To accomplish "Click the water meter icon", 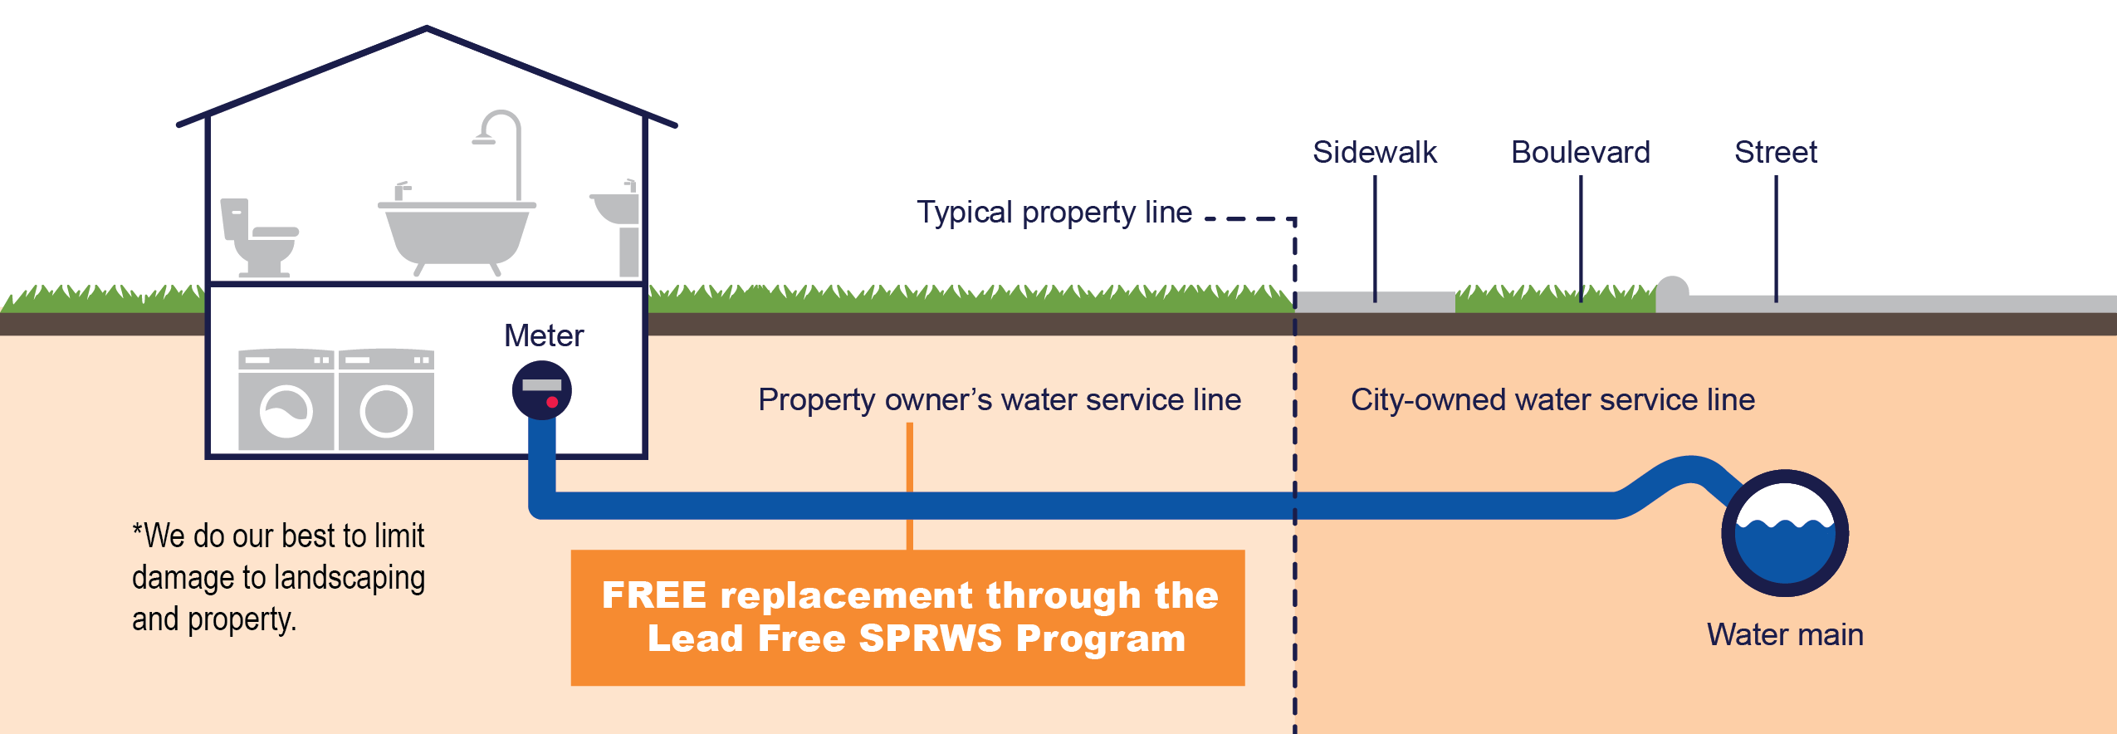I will coord(541,389).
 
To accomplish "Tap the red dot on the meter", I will coord(552,402).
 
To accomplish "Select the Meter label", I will coord(544,335).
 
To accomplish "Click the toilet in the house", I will coord(257,237).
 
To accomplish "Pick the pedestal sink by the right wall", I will coord(619,224).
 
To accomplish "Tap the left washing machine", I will coord(286,400).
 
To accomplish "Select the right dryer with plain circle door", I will coord(386,400).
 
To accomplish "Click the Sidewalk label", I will coord(1374,153).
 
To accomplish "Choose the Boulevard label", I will coord(1580,153).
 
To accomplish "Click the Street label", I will coord(1775,153).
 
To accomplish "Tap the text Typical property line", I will coord(1054,213).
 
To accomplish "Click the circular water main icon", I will coord(1785,533).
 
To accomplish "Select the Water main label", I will coord(1785,634).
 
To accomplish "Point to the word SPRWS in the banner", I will coord(930,639).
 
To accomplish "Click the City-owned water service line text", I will coord(1552,399).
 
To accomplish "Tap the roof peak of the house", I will coord(426,30).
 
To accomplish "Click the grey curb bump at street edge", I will coord(1672,288).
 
